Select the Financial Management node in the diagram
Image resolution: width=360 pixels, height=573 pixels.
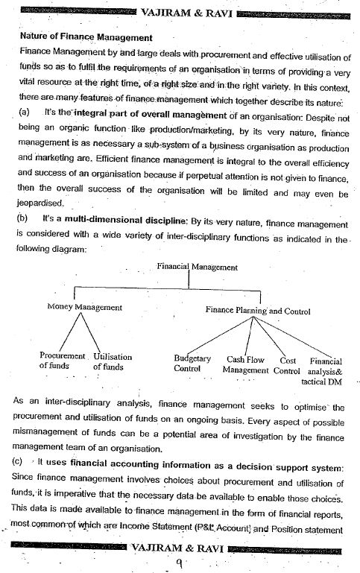pyautogui.click(x=198, y=267)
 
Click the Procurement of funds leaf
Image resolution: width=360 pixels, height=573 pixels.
pyautogui.click(x=63, y=361)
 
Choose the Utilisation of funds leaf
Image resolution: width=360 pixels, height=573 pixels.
pyautogui.click(x=112, y=361)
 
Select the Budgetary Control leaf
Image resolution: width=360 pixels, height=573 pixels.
pyautogui.click(x=192, y=364)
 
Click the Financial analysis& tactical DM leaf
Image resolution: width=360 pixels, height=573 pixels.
pyautogui.click(x=325, y=370)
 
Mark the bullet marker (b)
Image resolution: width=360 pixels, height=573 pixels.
pyautogui.click(x=25, y=220)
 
